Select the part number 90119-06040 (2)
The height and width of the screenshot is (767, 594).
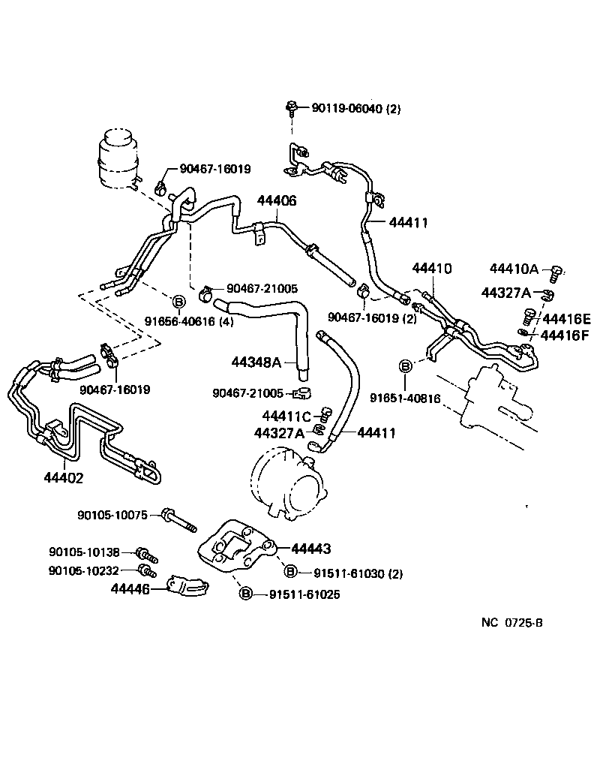click(355, 109)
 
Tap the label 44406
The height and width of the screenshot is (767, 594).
click(277, 201)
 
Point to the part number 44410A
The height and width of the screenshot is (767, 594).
click(514, 269)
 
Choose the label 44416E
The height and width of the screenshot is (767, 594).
click(566, 318)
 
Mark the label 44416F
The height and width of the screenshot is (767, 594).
click(566, 335)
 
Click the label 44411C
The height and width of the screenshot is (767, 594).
click(286, 416)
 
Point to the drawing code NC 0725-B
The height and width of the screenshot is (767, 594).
click(512, 622)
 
